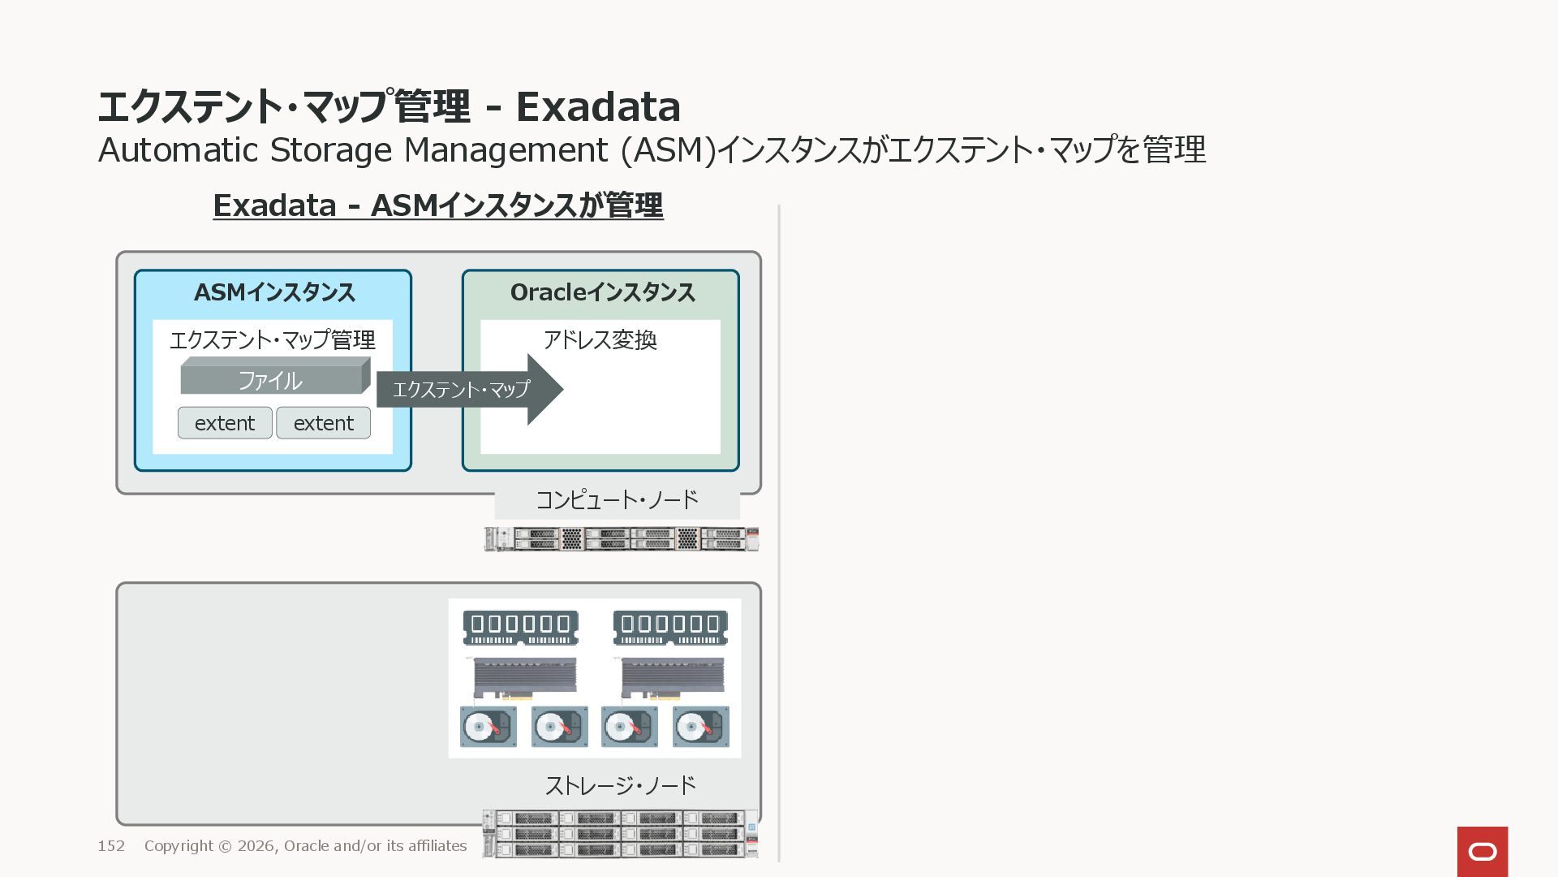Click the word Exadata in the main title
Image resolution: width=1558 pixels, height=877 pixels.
coord(598,106)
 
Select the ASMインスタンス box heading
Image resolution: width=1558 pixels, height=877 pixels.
coord(274,292)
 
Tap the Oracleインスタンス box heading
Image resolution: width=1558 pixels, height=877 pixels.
coord(602,292)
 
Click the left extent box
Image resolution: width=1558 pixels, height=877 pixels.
coord(225,423)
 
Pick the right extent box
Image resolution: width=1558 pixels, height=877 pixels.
coord(323,423)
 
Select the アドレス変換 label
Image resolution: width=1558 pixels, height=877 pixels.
coord(600,339)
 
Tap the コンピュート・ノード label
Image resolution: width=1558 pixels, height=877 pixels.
coord(617,499)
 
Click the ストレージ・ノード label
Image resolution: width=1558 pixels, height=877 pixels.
coord(620,785)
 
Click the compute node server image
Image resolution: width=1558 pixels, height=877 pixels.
coord(621,539)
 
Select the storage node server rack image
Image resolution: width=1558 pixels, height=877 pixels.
coord(621,834)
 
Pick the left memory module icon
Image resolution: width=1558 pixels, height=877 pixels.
coord(520,628)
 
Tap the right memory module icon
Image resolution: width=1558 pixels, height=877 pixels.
coord(670,628)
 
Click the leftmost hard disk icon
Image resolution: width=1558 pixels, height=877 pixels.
coord(488,727)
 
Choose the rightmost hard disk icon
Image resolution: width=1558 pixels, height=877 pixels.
coord(701,727)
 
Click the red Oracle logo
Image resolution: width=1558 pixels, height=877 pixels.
coord(1482,851)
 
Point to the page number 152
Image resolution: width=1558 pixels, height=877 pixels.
coord(111,846)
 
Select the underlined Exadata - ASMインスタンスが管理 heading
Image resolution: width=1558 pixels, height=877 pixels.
coord(438,205)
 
